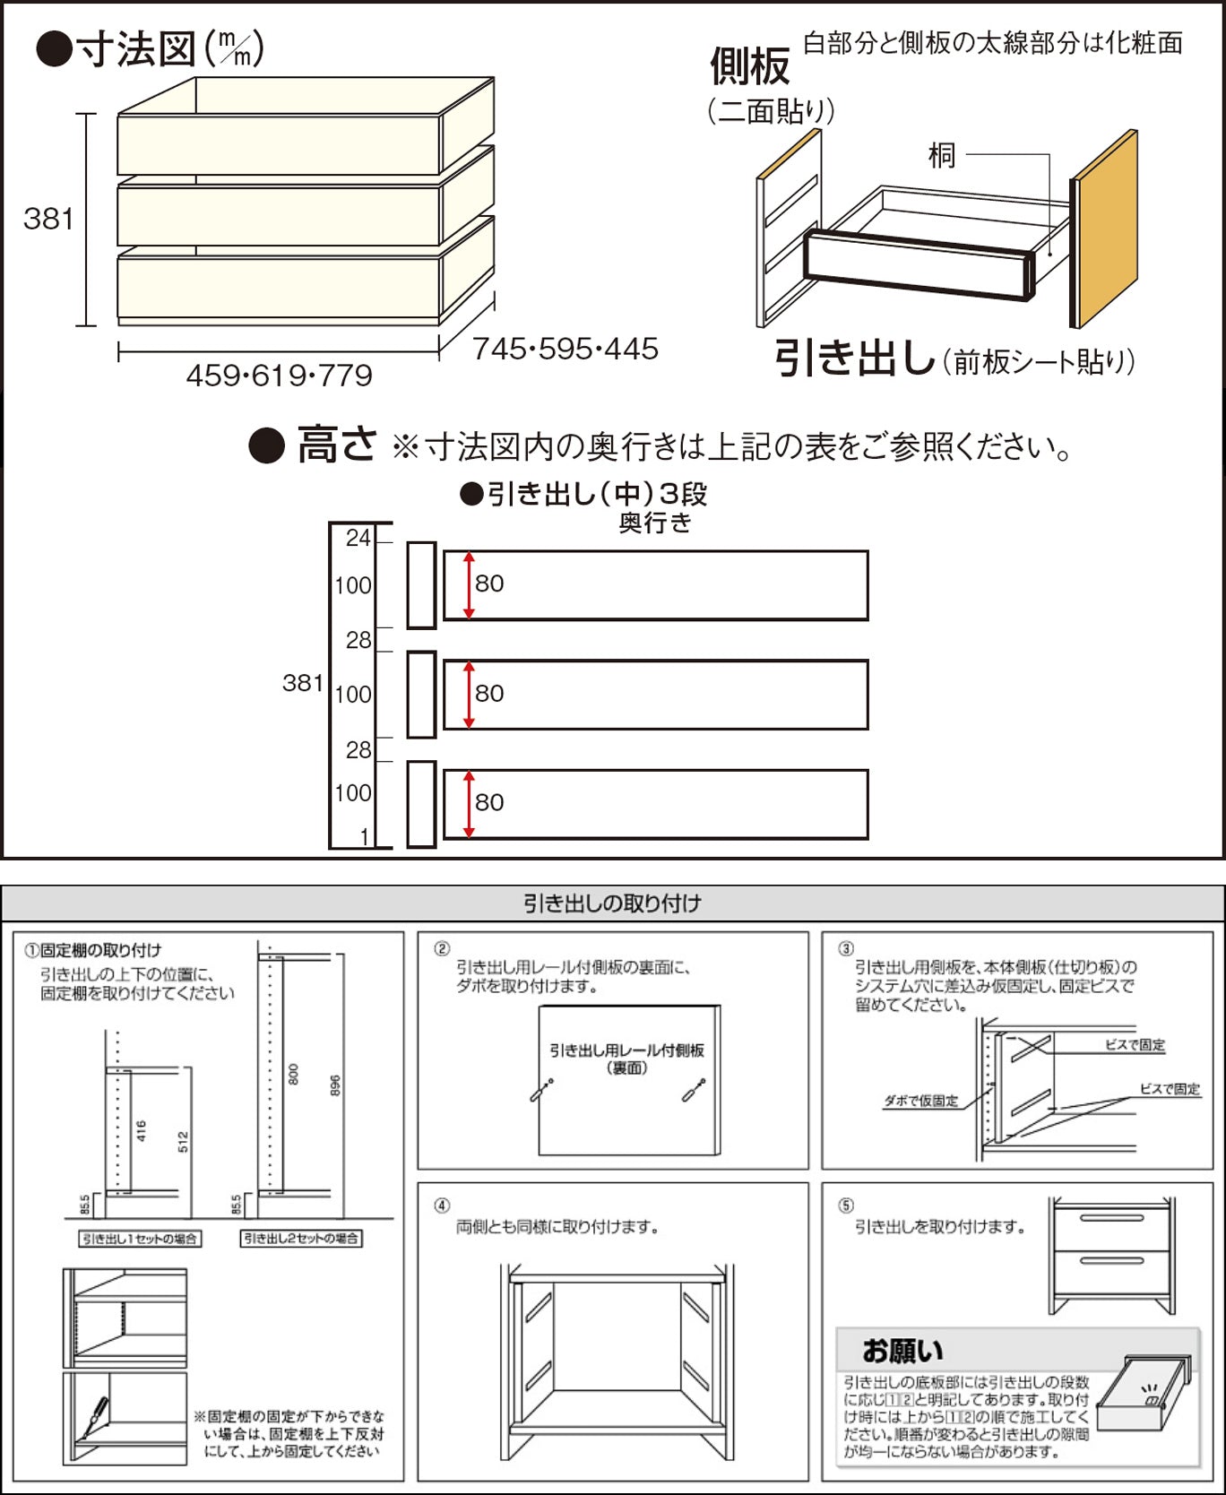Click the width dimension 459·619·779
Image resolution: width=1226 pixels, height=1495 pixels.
coord(279,376)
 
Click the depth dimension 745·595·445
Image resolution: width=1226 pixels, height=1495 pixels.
coord(566,349)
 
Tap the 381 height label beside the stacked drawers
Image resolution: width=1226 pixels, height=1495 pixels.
coord(48,219)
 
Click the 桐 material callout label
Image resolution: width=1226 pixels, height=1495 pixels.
coord(941,156)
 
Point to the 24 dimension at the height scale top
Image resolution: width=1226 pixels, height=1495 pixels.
coord(358,538)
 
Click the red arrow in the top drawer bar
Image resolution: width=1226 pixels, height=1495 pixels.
coord(469,584)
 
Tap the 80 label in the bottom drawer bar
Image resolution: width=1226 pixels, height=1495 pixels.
coord(489,802)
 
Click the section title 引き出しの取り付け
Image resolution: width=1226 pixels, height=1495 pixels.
coord(612,903)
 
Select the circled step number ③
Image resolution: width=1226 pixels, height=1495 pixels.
coord(845,948)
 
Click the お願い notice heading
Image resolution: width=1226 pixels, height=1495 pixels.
coord(902,1351)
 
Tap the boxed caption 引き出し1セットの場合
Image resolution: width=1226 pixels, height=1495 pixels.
coord(139,1239)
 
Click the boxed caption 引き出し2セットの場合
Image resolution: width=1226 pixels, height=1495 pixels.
coord(301,1239)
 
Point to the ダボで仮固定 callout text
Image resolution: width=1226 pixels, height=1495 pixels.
coord(920,1101)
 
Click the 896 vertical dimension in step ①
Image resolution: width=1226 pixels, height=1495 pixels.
coord(335,1085)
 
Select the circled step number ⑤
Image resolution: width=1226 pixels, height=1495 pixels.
coord(845,1206)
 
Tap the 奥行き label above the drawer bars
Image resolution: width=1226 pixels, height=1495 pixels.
coord(655,523)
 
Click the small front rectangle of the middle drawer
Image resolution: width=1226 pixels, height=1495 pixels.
coord(421,695)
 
